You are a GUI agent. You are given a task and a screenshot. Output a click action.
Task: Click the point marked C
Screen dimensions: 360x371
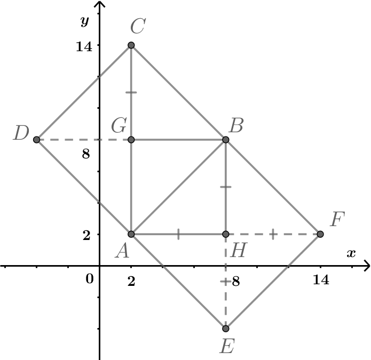(x=131, y=45)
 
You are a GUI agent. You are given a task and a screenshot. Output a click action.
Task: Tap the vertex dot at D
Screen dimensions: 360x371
(x=37, y=140)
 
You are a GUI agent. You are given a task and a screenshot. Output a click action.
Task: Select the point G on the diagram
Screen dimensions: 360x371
(x=131, y=140)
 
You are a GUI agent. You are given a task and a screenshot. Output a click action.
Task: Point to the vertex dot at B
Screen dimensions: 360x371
(x=226, y=140)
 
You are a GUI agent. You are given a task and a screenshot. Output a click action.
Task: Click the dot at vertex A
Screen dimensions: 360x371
(x=131, y=234)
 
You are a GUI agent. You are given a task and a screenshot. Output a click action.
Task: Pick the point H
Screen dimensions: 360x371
(x=226, y=234)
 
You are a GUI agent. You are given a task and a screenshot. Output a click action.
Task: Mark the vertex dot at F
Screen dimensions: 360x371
(x=320, y=234)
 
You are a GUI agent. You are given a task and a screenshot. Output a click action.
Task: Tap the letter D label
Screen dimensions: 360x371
(x=21, y=133)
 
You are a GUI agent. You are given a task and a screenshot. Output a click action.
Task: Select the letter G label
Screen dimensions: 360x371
(x=119, y=126)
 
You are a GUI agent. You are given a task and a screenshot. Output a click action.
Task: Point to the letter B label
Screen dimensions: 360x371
(x=235, y=126)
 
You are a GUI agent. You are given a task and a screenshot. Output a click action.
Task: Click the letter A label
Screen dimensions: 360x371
(x=122, y=251)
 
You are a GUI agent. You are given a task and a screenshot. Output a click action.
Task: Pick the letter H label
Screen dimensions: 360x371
(x=238, y=250)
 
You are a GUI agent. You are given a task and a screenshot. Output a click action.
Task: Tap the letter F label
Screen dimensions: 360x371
(x=337, y=219)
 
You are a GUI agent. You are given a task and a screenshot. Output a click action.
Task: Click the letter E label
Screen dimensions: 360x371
(x=227, y=347)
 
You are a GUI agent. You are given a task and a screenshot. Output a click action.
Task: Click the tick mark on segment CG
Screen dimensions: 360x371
(x=131, y=93)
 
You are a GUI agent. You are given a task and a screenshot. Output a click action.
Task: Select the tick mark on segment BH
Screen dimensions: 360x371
(x=226, y=187)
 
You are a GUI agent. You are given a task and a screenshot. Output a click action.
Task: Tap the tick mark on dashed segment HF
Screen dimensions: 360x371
(x=273, y=234)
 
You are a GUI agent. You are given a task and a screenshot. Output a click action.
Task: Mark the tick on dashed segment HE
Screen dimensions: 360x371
(x=226, y=281)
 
